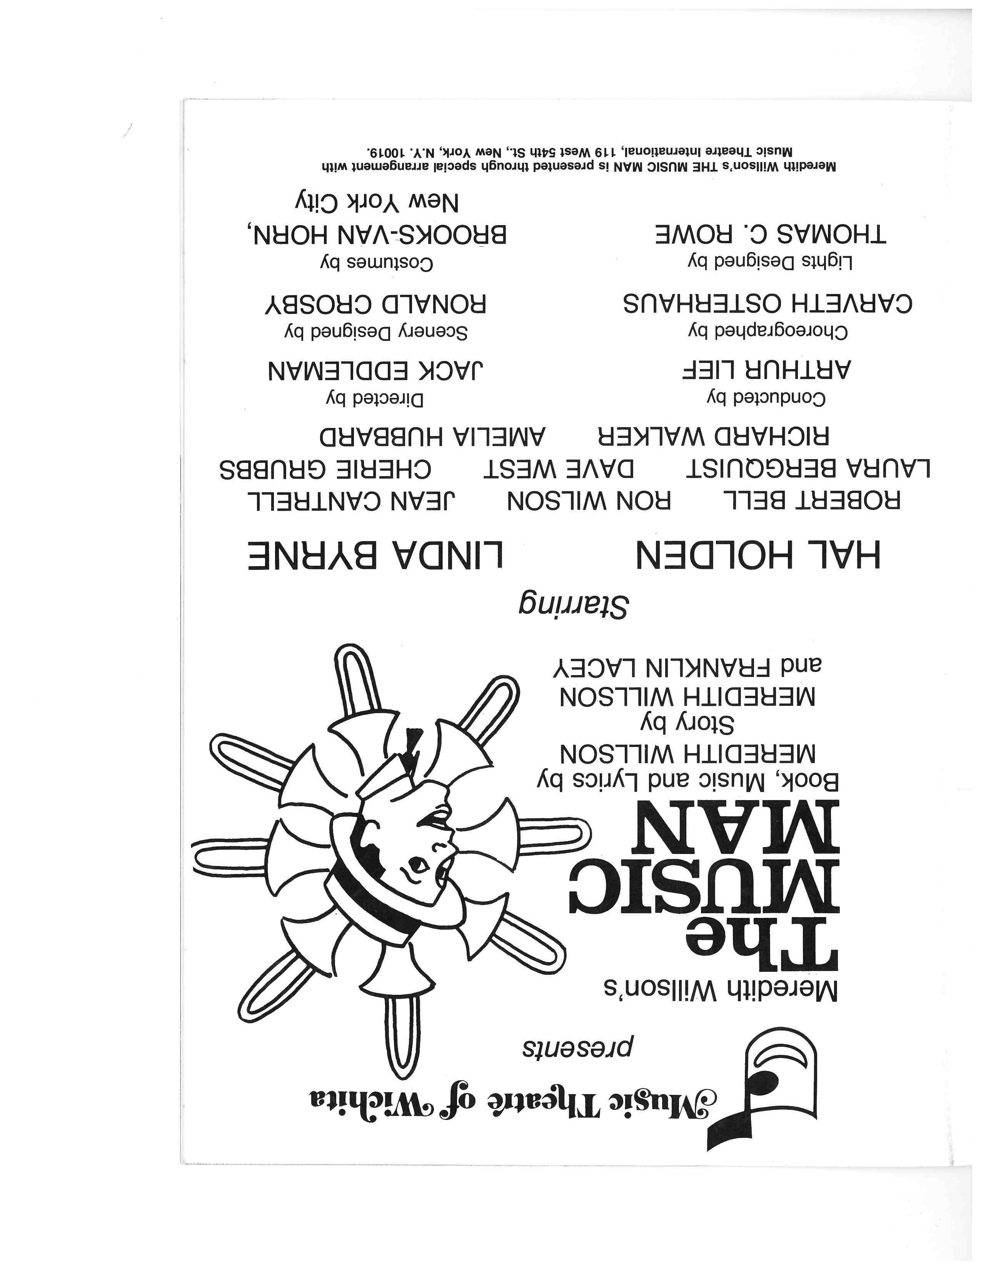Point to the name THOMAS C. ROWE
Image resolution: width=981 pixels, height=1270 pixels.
[x=771, y=235]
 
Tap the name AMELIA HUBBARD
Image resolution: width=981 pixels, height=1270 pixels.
[x=432, y=436]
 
